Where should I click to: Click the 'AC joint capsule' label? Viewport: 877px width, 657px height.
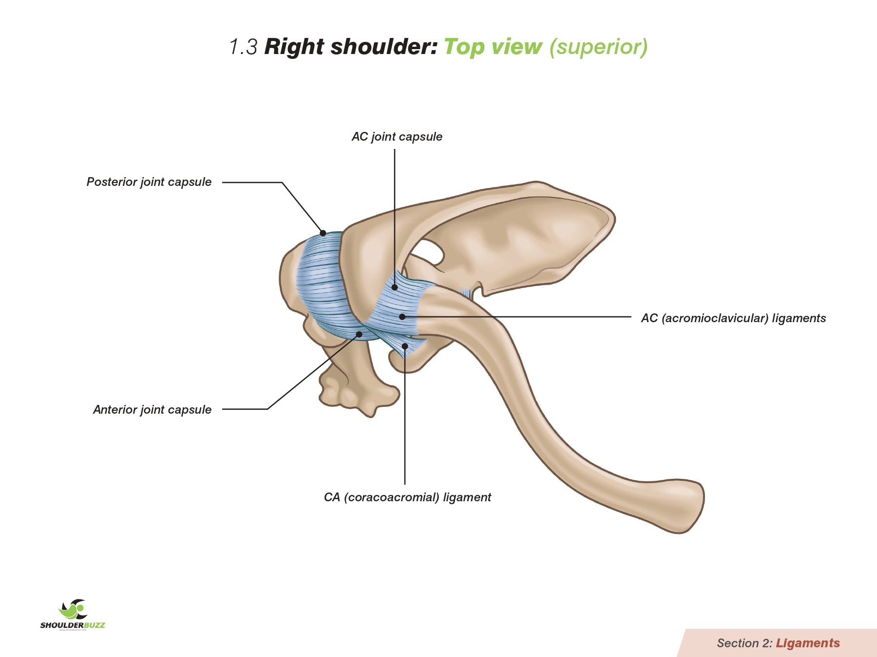click(397, 137)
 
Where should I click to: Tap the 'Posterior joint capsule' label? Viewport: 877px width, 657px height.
click(149, 182)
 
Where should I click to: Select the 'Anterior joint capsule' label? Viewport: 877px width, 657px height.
click(152, 410)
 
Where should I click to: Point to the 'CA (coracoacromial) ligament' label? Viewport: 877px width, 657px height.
click(407, 497)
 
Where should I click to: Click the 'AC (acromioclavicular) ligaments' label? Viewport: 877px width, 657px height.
click(733, 318)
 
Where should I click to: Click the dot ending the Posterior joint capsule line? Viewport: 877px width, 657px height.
click(323, 233)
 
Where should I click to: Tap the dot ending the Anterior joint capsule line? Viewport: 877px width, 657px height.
click(359, 334)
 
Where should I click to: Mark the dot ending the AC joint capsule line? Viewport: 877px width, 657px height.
click(395, 288)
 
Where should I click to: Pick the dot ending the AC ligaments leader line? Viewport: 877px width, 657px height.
click(402, 317)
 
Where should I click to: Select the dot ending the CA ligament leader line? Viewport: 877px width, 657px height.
click(405, 346)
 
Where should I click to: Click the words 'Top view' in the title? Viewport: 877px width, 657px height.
click(493, 47)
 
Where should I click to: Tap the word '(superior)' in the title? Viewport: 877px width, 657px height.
click(599, 47)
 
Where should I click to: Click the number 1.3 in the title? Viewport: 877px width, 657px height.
click(243, 47)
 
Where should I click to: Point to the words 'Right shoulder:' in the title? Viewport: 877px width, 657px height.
click(351, 47)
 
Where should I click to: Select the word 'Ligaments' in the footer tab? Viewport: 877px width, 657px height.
click(808, 643)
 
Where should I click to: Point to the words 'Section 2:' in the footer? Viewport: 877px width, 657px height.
click(744, 643)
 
